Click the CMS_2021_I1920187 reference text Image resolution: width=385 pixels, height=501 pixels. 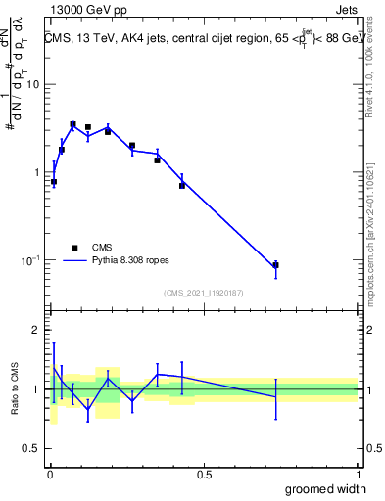tap(205, 293)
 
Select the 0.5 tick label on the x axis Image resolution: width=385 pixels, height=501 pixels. tap(204, 475)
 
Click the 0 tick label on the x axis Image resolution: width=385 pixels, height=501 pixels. tap(48, 475)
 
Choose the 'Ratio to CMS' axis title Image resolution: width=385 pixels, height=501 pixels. tap(15, 390)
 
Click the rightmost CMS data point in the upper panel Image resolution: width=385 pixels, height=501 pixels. tap(276, 265)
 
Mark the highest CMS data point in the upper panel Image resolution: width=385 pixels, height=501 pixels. tap(72, 124)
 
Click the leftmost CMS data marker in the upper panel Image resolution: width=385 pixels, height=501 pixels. tap(54, 182)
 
